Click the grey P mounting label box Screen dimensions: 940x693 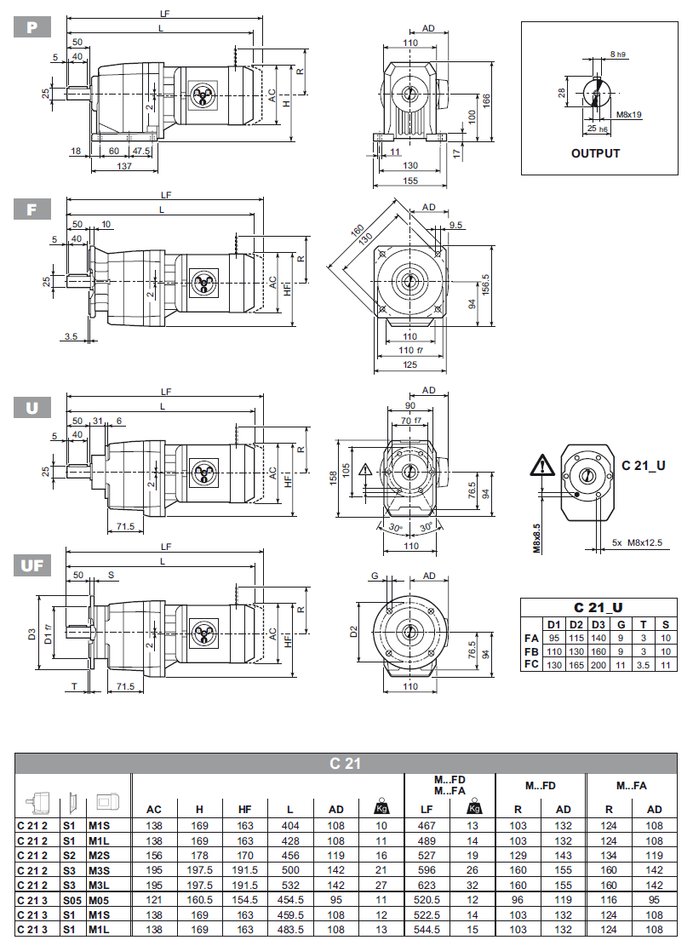(x=32, y=26)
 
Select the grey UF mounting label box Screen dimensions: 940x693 (x=32, y=565)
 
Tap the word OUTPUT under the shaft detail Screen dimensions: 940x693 (x=595, y=154)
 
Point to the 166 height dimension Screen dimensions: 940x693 (x=486, y=100)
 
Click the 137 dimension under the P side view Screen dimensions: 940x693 (x=124, y=166)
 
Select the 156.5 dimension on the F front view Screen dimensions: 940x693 (x=486, y=284)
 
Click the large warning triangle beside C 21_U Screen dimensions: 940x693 (x=540, y=466)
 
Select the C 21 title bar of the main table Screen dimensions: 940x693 (x=346, y=763)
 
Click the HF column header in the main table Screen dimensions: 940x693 (x=245, y=810)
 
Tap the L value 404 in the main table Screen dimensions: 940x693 (x=291, y=825)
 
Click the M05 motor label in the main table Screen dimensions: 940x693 (x=100, y=898)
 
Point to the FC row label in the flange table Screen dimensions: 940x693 (x=531, y=664)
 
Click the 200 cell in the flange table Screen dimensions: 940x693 (x=598, y=664)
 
